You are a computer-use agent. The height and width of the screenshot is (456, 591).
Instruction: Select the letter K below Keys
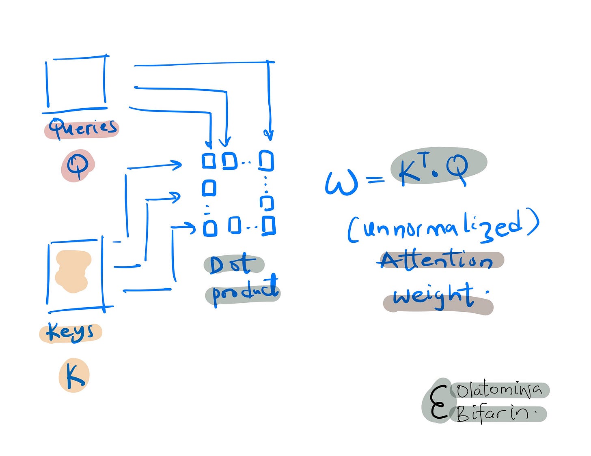pyautogui.click(x=74, y=377)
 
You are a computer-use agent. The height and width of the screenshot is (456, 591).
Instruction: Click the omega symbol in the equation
pyautogui.click(x=341, y=183)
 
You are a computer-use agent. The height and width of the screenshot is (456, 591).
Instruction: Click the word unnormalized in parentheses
pyautogui.click(x=443, y=227)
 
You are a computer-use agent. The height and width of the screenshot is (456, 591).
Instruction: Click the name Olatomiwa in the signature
pyautogui.click(x=499, y=390)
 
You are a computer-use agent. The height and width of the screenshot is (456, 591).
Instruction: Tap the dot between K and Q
pyautogui.click(x=435, y=174)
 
